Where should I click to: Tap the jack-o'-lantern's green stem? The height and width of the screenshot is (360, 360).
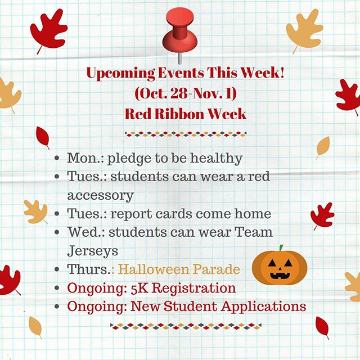pos(281,248)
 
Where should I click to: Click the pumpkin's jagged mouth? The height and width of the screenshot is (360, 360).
pos(280,275)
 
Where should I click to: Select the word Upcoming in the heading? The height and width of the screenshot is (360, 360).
pos(121,74)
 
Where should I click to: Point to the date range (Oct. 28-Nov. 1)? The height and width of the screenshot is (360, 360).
pos(186,93)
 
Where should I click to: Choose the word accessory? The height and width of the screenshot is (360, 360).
pos(101,196)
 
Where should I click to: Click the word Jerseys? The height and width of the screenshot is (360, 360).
pos(92,251)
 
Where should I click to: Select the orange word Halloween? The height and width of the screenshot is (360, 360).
pos(153,269)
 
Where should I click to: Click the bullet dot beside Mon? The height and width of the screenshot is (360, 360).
pos(57,158)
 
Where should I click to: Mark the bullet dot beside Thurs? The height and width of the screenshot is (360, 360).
pos(57,269)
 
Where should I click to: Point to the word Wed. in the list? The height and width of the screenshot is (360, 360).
pos(86,232)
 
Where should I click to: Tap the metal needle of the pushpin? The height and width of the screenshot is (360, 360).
pos(180,58)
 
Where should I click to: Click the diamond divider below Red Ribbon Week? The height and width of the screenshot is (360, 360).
pos(186,134)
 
